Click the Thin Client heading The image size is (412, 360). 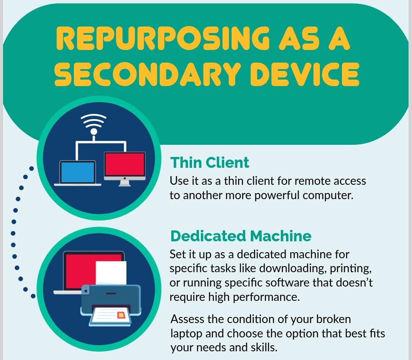pos(209,162)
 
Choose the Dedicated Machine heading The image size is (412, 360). pos(241,236)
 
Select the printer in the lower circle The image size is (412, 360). pos(110,300)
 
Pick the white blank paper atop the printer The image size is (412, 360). pos(111,271)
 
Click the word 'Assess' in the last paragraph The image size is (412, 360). pos(186,319)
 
